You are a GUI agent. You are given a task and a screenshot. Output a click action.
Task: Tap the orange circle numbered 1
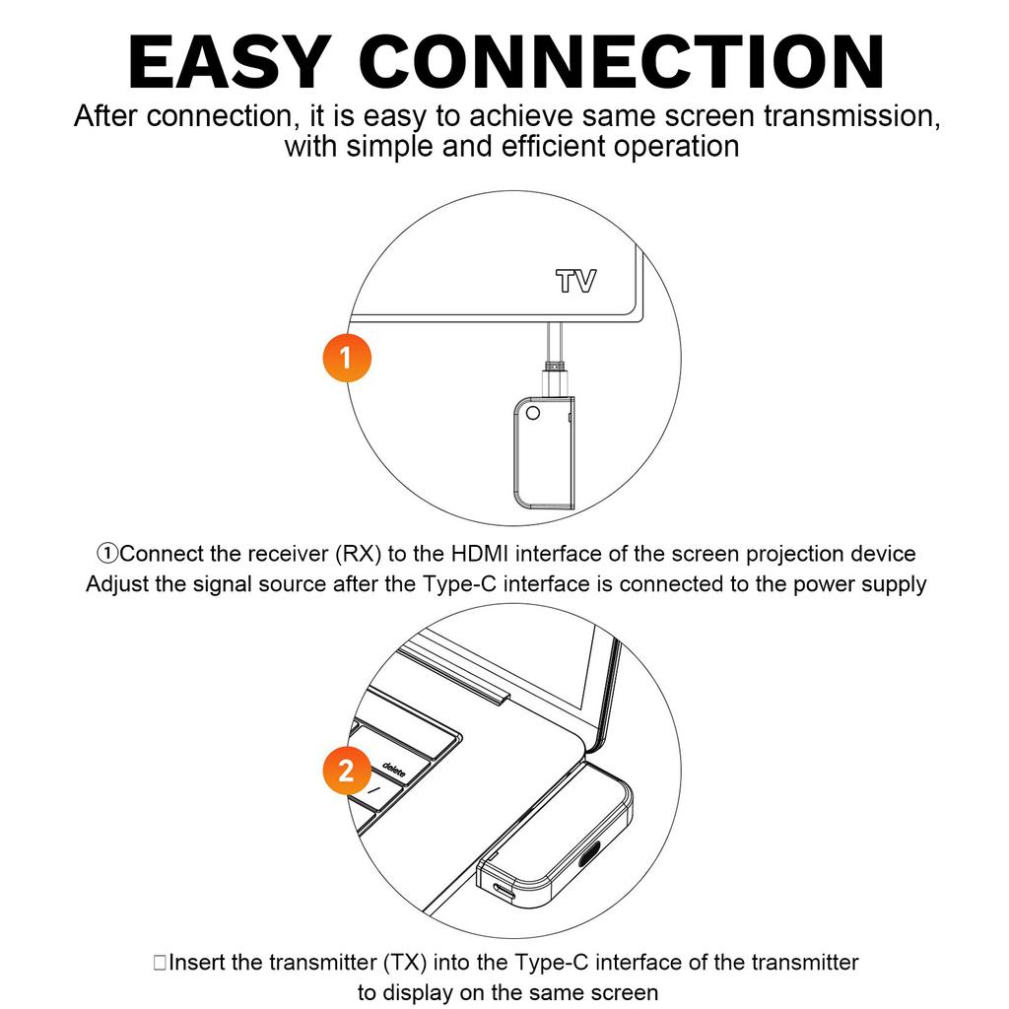point(346,357)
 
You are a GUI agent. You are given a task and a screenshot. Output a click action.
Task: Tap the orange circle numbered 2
point(346,770)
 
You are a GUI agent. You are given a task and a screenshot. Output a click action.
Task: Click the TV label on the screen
point(575,282)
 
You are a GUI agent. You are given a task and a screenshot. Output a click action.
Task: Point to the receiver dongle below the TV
point(542,452)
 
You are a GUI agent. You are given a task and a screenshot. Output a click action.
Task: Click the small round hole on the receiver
point(532,412)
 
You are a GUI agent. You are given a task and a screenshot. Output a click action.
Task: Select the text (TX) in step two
point(404,962)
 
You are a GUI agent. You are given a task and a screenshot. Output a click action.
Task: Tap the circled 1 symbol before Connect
point(108,554)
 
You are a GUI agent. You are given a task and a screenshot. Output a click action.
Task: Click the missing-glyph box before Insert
point(160,963)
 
